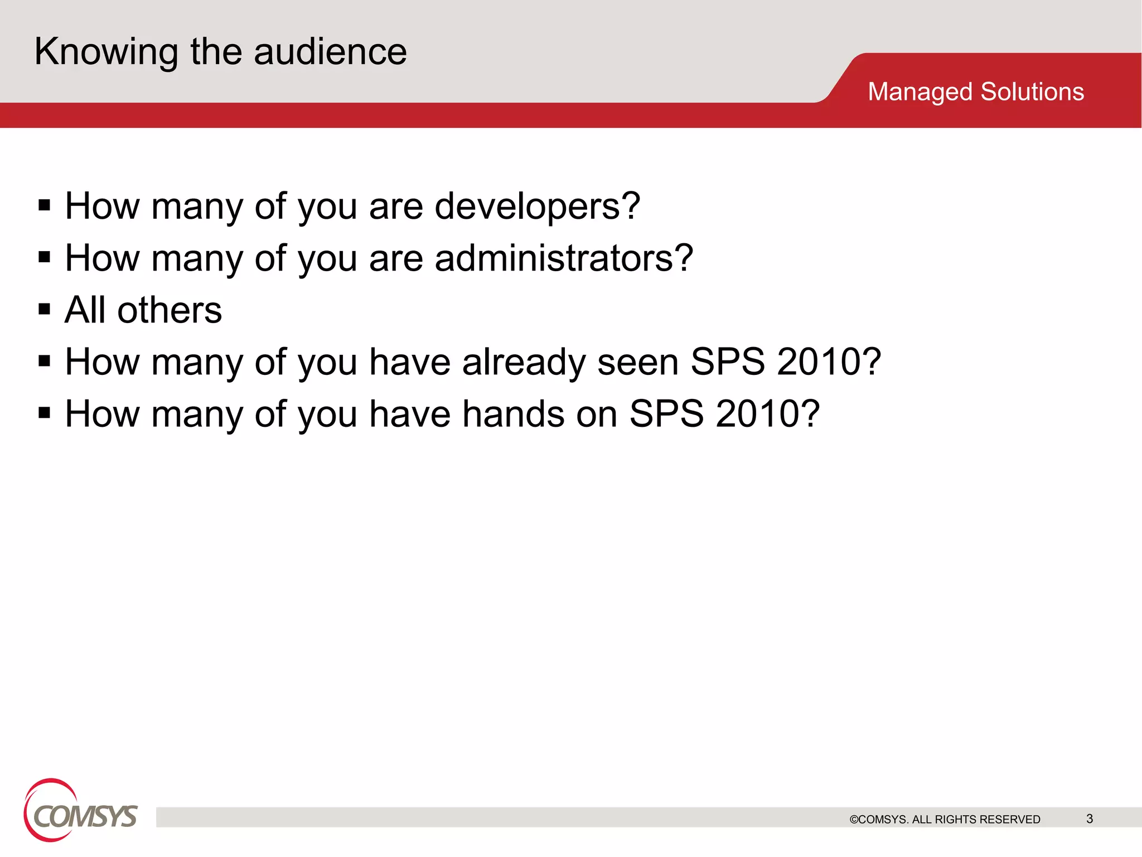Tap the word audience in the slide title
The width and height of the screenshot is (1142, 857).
point(330,52)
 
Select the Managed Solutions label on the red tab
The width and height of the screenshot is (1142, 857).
point(975,92)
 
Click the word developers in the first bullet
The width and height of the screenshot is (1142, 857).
point(526,207)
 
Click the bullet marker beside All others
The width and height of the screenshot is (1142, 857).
point(45,309)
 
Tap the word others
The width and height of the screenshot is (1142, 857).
point(170,310)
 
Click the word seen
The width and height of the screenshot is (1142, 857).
point(638,363)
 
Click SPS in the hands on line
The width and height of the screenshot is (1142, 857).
point(666,415)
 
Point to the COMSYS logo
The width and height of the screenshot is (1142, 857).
point(80,812)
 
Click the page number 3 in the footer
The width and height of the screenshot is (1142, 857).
point(1090,819)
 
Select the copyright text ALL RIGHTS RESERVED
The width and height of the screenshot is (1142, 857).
point(976,819)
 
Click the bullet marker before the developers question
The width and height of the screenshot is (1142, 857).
point(45,205)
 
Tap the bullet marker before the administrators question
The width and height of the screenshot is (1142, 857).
point(45,257)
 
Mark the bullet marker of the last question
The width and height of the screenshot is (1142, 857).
point(45,413)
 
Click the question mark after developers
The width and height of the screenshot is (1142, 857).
point(631,206)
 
